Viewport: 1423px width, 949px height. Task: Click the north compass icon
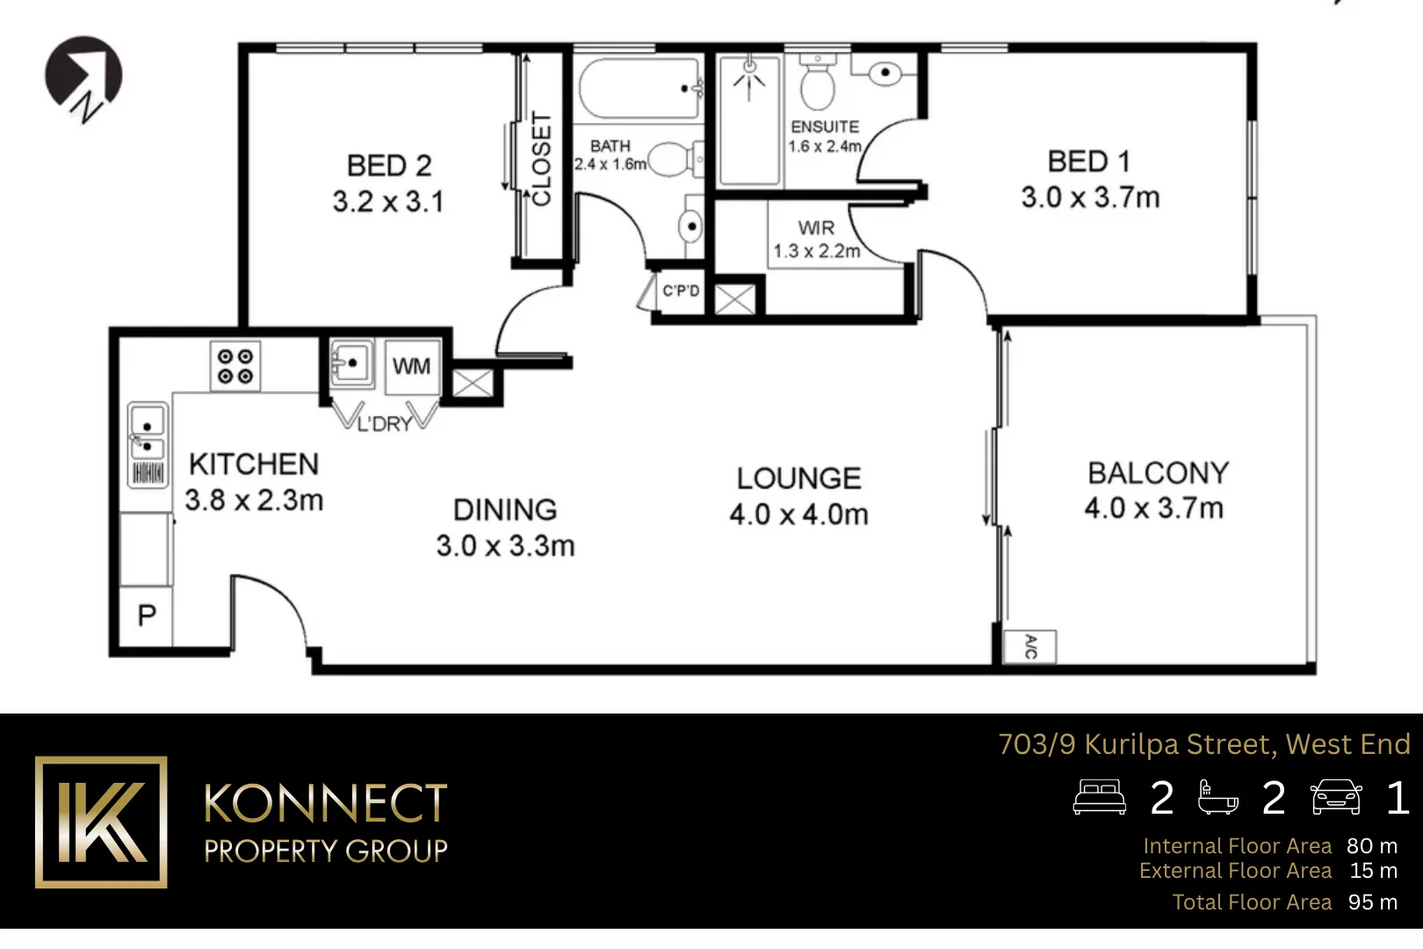click(x=83, y=76)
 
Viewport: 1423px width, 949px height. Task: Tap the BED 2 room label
click(x=389, y=165)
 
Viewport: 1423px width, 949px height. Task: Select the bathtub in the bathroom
click(x=639, y=88)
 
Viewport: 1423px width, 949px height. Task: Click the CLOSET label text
click(x=542, y=159)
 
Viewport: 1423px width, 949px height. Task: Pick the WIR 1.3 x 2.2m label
click(x=816, y=239)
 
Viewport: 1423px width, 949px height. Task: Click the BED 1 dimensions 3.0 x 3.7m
click(x=1090, y=198)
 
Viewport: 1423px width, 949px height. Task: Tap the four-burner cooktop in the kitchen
click(x=235, y=366)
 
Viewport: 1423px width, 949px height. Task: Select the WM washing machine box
click(x=411, y=366)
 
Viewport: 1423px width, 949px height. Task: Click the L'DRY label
click(x=385, y=424)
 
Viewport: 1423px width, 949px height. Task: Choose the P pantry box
click(x=147, y=615)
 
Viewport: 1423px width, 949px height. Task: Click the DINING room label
click(x=505, y=510)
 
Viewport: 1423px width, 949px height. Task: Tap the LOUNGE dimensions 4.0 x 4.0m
click(x=798, y=515)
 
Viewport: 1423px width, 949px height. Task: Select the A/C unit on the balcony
click(x=1030, y=647)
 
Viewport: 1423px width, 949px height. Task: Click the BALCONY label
click(x=1158, y=473)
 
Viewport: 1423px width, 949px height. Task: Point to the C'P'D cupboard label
click(x=681, y=291)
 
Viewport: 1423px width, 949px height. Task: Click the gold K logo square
click(x=101, y=822)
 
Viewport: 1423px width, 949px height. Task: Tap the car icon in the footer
click(x=1335, y=797)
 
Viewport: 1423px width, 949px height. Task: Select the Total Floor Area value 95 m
click(x=1372, y=902)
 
